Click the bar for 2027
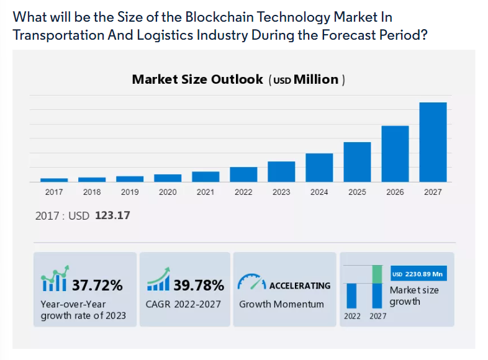click(433, 142)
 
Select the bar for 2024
click(319, 168)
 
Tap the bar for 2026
click(395, 154)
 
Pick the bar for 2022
click(243, 174)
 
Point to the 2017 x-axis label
click(54, 192)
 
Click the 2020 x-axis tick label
click(168, 192)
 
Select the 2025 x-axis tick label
click(357, 192)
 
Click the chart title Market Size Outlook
click(197, 79)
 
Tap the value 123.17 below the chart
click(112, 216)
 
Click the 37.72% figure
click(97, 286)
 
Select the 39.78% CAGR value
click(199, 286)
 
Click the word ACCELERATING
click(299, 286)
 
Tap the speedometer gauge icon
click(251, 282)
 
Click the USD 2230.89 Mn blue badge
click(418, 274)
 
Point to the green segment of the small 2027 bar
click(377, 274)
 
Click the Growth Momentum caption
click(281, 304)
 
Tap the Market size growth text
click(414, 296)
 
